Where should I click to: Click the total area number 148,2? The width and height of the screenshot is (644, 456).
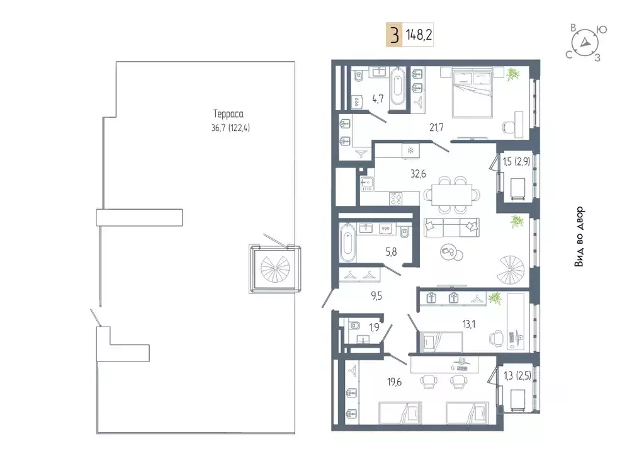(x=419, y=35)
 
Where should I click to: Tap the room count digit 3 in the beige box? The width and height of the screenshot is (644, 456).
(x=394, y=35)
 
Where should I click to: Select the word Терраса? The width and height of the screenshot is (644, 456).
(x=229, y=114)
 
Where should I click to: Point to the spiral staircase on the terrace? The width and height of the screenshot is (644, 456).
(x=274, y=269)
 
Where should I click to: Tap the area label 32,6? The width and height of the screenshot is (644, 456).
(x=418, y=174)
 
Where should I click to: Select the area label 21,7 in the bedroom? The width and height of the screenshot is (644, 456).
(x=437, y=128)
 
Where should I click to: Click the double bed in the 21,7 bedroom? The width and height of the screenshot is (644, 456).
(x=472, y=92)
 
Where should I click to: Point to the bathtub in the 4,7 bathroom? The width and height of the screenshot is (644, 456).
(x=398, y=86)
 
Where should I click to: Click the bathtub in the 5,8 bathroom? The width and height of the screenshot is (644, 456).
(x=347, y=242)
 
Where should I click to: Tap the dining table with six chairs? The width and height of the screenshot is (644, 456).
(x=452, y=195)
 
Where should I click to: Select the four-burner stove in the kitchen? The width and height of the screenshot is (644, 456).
(x=396, y=198)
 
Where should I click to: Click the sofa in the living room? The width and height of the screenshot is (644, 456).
(x=452, y=227)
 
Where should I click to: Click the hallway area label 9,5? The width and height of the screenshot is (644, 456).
(x=376, y=295)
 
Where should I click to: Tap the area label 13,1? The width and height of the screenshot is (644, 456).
(x=468, y=324)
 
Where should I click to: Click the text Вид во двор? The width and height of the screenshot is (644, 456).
(x=579, y=237)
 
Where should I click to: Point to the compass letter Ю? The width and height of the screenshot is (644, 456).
(x=602, y=30)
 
